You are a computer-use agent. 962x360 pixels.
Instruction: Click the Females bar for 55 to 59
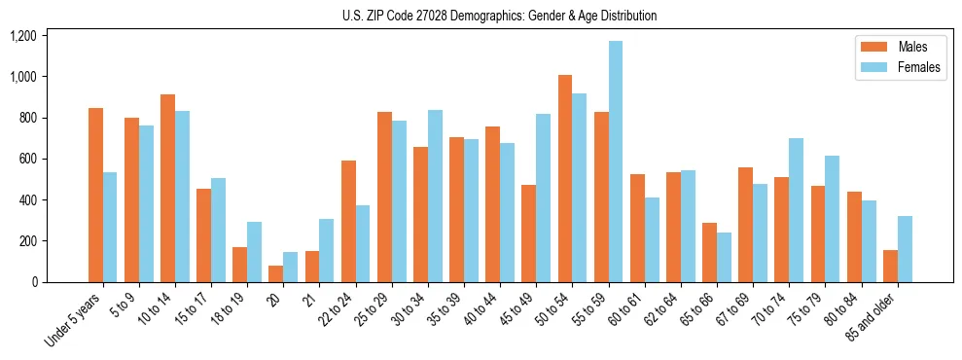616,162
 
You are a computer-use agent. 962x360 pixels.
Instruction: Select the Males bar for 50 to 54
565,178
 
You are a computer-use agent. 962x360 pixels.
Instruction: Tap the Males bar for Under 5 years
95,195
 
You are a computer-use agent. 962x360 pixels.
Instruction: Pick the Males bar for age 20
276,273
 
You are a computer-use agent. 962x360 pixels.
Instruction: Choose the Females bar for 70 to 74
796,210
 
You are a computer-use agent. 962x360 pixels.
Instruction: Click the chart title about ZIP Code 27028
500,16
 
